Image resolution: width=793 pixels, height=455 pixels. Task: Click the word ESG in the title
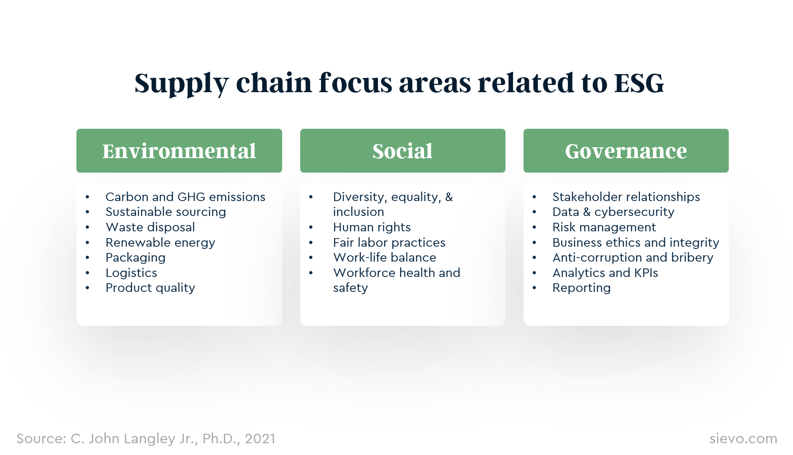point(638,83)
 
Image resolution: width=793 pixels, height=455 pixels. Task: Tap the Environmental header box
point(179,151)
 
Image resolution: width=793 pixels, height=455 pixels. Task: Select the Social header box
point(402,151)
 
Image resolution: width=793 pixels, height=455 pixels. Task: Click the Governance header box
point(626,151)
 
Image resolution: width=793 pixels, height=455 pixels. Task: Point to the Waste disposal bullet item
point(150,227)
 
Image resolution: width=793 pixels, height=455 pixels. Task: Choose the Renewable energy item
point(160,243)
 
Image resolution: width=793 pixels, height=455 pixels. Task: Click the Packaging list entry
point(135,258)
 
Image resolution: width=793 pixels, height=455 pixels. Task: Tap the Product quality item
point(150,288)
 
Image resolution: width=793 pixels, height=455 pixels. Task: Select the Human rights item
point(372,227)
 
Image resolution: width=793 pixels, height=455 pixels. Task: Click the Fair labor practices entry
point(389,243)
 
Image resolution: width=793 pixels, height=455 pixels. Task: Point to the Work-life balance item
point(384,258)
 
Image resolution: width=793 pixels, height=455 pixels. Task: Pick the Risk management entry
point(604,227)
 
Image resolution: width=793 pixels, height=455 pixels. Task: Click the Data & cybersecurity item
point(613,212)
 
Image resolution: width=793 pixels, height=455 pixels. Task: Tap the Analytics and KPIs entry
point(605,273)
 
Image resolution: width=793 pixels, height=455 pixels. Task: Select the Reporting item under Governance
point(581,288)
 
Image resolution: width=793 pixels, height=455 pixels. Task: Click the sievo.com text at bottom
point(743,438)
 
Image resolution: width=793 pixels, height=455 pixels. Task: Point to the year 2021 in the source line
point(260,439)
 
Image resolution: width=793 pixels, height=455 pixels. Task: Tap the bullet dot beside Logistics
point(88,273)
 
